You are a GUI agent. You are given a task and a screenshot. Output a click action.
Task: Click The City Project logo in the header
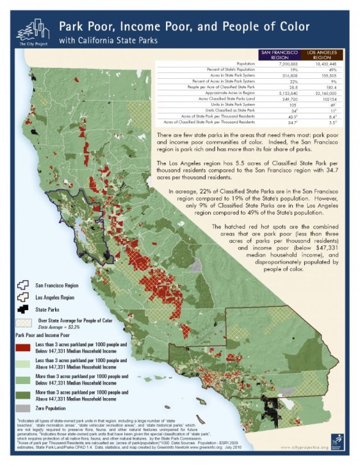click(31, 29)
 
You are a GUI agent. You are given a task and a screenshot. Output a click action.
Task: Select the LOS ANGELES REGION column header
click(322, 54)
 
